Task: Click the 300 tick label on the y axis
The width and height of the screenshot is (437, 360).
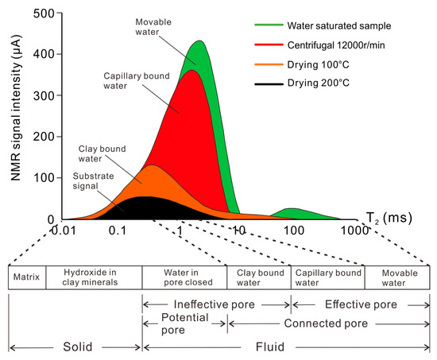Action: coord(45,95)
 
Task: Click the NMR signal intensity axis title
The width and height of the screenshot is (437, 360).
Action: coord(18,116)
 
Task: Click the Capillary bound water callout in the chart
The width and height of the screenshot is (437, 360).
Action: coord(137,83)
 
